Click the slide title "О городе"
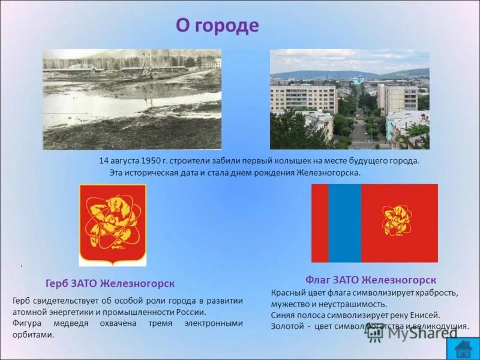coord(217,26)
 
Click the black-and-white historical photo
coord(132,99)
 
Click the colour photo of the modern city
coord(349,99)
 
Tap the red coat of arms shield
coord(113,224)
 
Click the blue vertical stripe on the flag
coord(344,223)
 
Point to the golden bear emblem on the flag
coord(397,220)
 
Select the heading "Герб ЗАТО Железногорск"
coord(110,283)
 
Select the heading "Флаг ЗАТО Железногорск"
coord(370,280)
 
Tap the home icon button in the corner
coord(463,349)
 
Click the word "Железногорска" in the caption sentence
coord(328,172)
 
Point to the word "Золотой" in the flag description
coord(287,326)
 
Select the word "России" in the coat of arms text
coord(191,312)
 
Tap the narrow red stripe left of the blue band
coord(319,223)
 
